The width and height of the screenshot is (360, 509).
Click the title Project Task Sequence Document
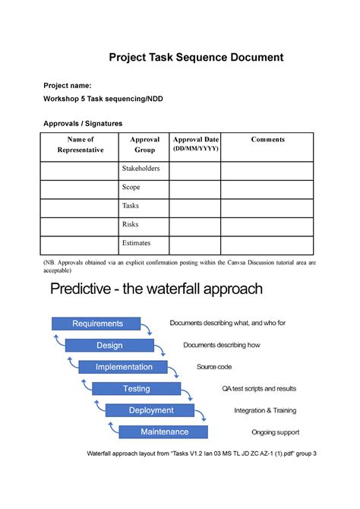(x=196, y=57)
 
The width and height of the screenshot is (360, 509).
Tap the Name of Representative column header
(x=80, y=144)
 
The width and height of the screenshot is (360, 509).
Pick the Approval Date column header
(x=195, y=144)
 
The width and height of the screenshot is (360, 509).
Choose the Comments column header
(x=267, y=140)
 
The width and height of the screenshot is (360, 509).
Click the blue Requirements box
(x=97, y=324)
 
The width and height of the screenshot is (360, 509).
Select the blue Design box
(x=109, y=346)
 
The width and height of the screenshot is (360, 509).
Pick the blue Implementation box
(x=124, y=367)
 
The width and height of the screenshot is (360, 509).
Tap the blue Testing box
(x=137, y=389)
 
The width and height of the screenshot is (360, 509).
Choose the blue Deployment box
(x=150, y=410)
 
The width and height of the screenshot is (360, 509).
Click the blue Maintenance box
(x=164, y=432)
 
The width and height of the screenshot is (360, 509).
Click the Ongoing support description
(x=275, y=432)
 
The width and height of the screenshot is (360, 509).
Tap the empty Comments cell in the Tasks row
(x=267, y=207)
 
